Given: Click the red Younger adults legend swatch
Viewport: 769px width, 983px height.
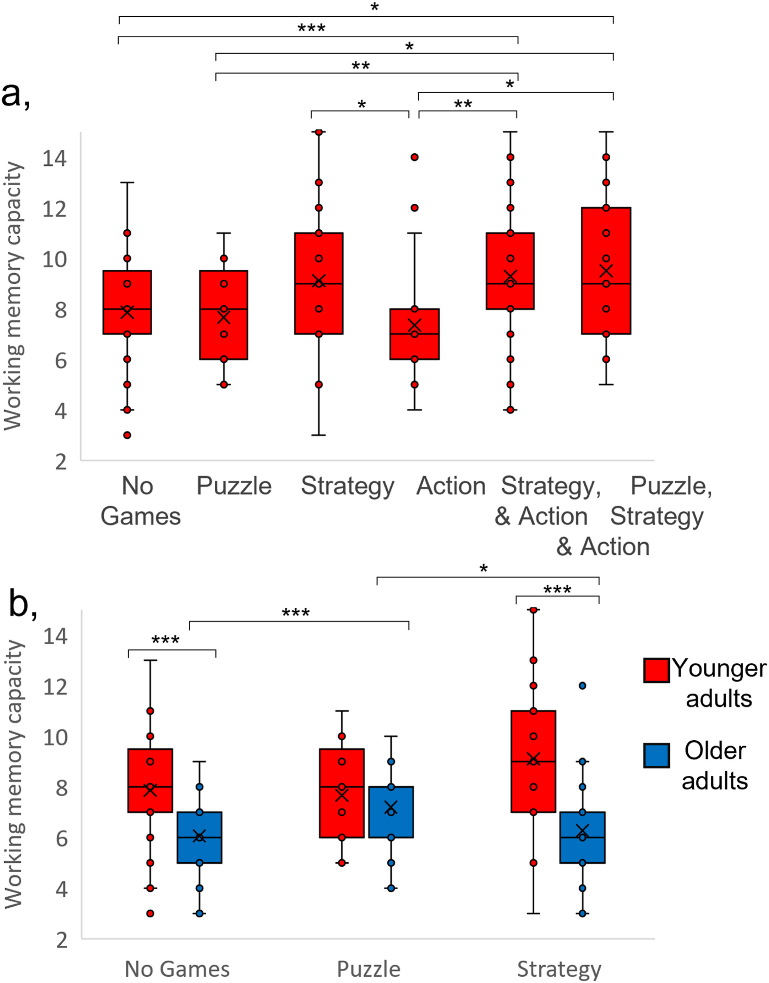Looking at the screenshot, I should click(656, 670).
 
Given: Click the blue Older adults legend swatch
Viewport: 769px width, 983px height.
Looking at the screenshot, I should click(656, 755).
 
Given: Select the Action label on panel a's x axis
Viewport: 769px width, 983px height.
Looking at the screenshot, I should click(451, 486).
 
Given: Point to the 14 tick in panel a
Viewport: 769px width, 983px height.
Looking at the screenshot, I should click(54, 158).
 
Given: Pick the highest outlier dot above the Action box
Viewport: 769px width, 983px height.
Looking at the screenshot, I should click(414, 157).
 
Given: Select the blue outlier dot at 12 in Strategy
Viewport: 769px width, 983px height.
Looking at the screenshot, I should click(582, 686).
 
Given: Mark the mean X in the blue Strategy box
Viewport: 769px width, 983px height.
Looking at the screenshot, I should click(582, 831).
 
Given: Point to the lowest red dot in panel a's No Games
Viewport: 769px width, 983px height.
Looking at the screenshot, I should click(127, 435).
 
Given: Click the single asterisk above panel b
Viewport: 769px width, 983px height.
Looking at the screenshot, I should click(484, 569).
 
